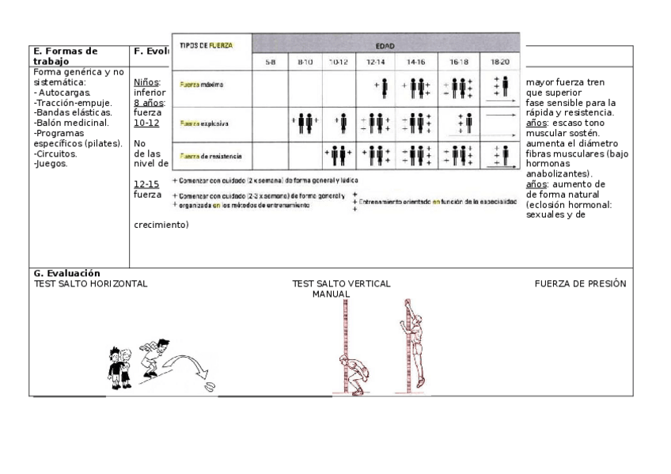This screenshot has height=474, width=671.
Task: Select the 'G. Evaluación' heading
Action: point(66,273)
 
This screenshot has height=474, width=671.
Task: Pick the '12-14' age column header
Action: point(375,61)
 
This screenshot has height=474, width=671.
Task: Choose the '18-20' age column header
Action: point(500,61)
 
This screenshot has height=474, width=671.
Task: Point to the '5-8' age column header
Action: point(270,61)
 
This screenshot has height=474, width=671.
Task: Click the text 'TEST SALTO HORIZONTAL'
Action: point(90,283)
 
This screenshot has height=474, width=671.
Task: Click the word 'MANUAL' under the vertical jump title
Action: point(331,294)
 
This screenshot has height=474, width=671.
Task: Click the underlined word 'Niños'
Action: point(147,82)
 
